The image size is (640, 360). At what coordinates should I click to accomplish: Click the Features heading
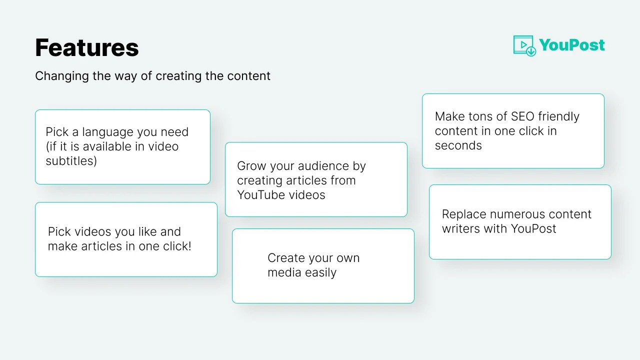point(87,47)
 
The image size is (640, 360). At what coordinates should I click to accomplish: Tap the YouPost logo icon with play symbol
point(524,45)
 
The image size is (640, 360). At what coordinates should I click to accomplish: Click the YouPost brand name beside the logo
point(572,45)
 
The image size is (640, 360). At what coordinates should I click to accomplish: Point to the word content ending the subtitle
point(248,76)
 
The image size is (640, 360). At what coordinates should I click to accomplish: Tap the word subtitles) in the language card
point(71,161)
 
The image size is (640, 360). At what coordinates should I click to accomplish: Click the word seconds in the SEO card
point(458,145)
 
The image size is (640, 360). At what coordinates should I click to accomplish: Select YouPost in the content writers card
point(533,229)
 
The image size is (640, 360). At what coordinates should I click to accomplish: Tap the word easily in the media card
point(320,273)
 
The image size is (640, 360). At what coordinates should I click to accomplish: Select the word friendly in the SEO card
point(558,117)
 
